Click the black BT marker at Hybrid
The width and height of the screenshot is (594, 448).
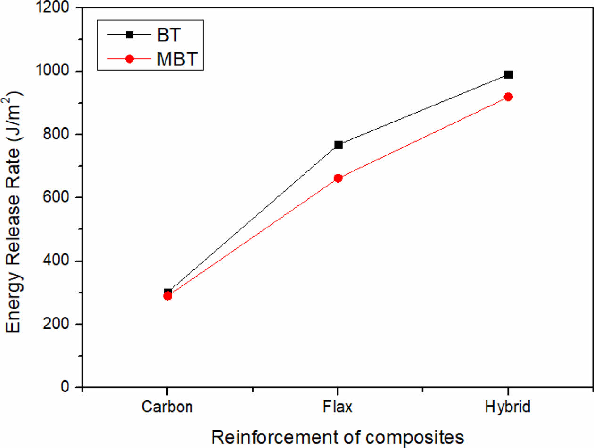pyautogui.click(x=508, y=74)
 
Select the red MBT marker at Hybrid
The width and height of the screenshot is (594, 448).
pyautogui.click(x=508, y=97)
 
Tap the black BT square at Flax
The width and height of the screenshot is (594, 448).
pyautogui.click(x=338, y=145)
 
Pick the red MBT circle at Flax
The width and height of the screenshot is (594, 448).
pyautogui.click(x=338, y=178)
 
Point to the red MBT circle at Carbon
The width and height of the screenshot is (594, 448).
pyautogui.click(x=167, y=296)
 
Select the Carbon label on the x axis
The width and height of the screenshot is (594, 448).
pyautogui.click(x=167, y=407)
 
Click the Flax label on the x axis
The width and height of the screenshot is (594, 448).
pyautogui.click(x=338, y=407)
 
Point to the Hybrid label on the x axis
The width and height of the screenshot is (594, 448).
pyautogui.click(x=508, y=407)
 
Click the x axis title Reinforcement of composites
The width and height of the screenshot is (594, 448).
pyautogui.click(x=338, y=436)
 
